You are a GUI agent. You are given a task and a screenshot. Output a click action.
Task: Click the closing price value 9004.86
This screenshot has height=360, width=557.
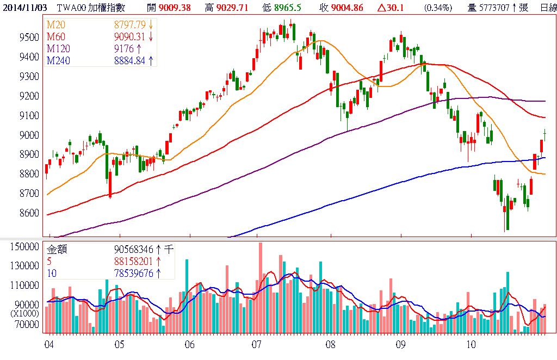point(343,8)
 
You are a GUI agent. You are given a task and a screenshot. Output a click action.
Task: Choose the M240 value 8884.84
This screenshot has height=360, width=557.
point(129,60)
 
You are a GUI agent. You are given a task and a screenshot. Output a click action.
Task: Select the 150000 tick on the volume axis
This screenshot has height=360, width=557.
point(24,246)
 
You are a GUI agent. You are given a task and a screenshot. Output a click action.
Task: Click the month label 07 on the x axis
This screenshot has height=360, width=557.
point(256,345)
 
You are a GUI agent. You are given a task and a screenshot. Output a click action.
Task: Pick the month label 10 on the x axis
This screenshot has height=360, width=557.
point(471,345)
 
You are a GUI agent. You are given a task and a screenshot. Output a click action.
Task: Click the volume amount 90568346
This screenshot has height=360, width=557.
point(134,250)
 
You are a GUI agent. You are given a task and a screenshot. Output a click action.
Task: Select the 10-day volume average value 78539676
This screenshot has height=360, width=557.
point(134,273)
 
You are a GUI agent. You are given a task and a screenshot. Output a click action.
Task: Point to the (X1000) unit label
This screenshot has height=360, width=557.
point(26,314)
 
